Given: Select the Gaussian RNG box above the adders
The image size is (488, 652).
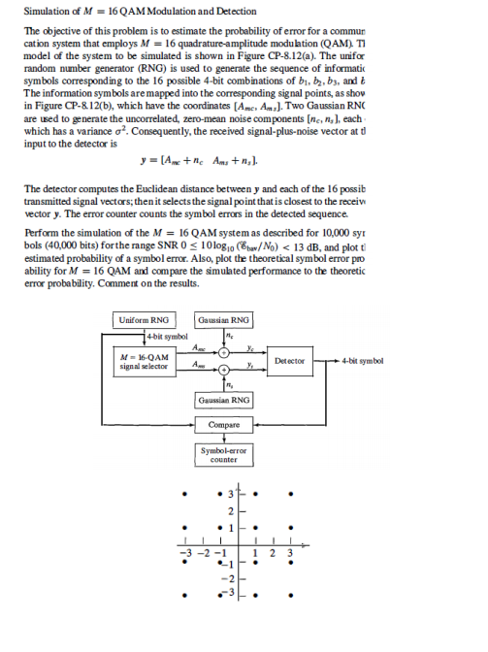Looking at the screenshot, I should tap(224, 319).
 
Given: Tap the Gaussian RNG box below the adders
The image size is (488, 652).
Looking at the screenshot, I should tap(224, 400).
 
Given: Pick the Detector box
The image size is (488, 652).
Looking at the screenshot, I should tap(290, 360).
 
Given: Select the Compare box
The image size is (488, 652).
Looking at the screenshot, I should tap(224, 425).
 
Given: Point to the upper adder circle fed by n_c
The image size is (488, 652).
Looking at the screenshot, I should tap(224, 352).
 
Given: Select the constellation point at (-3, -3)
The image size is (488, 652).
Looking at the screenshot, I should tap(180, 593).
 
